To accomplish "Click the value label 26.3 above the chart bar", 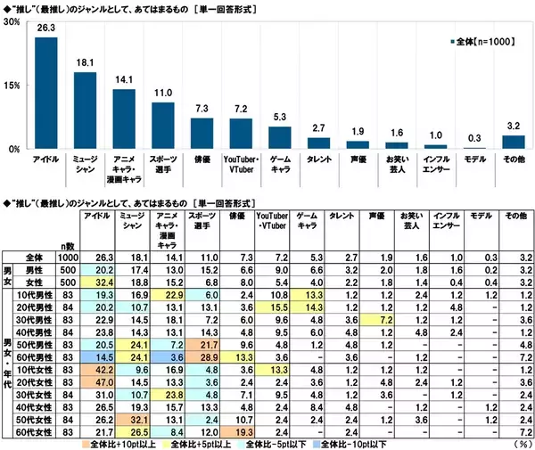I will [x=46, y=29].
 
